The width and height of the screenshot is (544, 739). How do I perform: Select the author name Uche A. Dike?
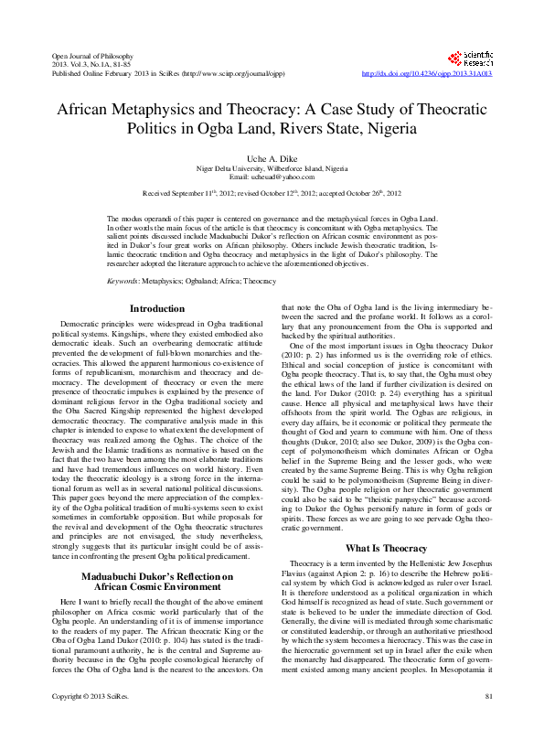click(x=272, y=157)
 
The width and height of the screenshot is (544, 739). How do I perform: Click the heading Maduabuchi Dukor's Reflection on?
click(x=158, y=550)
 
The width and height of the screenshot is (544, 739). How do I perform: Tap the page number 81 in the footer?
click(x=488, y=723)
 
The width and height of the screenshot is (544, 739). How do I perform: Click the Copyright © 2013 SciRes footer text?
click(x=87, y=723)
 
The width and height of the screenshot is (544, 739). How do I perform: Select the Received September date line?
click(x=272, y=195)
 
